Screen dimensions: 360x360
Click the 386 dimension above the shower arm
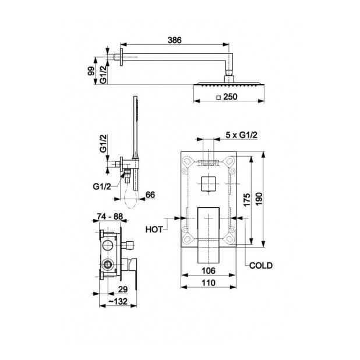[x=175, y=40]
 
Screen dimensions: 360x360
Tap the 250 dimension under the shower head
[x=230, y=97]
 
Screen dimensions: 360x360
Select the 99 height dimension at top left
[x=91, y=71]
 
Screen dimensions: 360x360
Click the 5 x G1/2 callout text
[x=241, y=135]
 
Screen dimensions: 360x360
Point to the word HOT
[x=154, y=230]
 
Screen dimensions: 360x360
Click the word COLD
[x=261, y=266]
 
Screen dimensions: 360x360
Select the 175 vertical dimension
[x=246, y=200]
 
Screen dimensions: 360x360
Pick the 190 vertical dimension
[x=259, y=199]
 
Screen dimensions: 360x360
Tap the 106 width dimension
[x=209, y=271]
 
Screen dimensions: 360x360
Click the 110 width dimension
[x=209, y=283]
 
